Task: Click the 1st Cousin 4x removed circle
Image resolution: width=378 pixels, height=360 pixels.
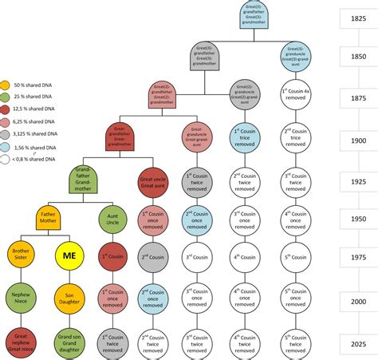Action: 296,95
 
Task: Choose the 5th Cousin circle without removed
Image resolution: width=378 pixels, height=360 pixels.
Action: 296,258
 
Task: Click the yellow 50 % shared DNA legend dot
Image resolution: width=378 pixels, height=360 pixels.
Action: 6,85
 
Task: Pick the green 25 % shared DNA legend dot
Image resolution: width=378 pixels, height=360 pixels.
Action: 6,97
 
